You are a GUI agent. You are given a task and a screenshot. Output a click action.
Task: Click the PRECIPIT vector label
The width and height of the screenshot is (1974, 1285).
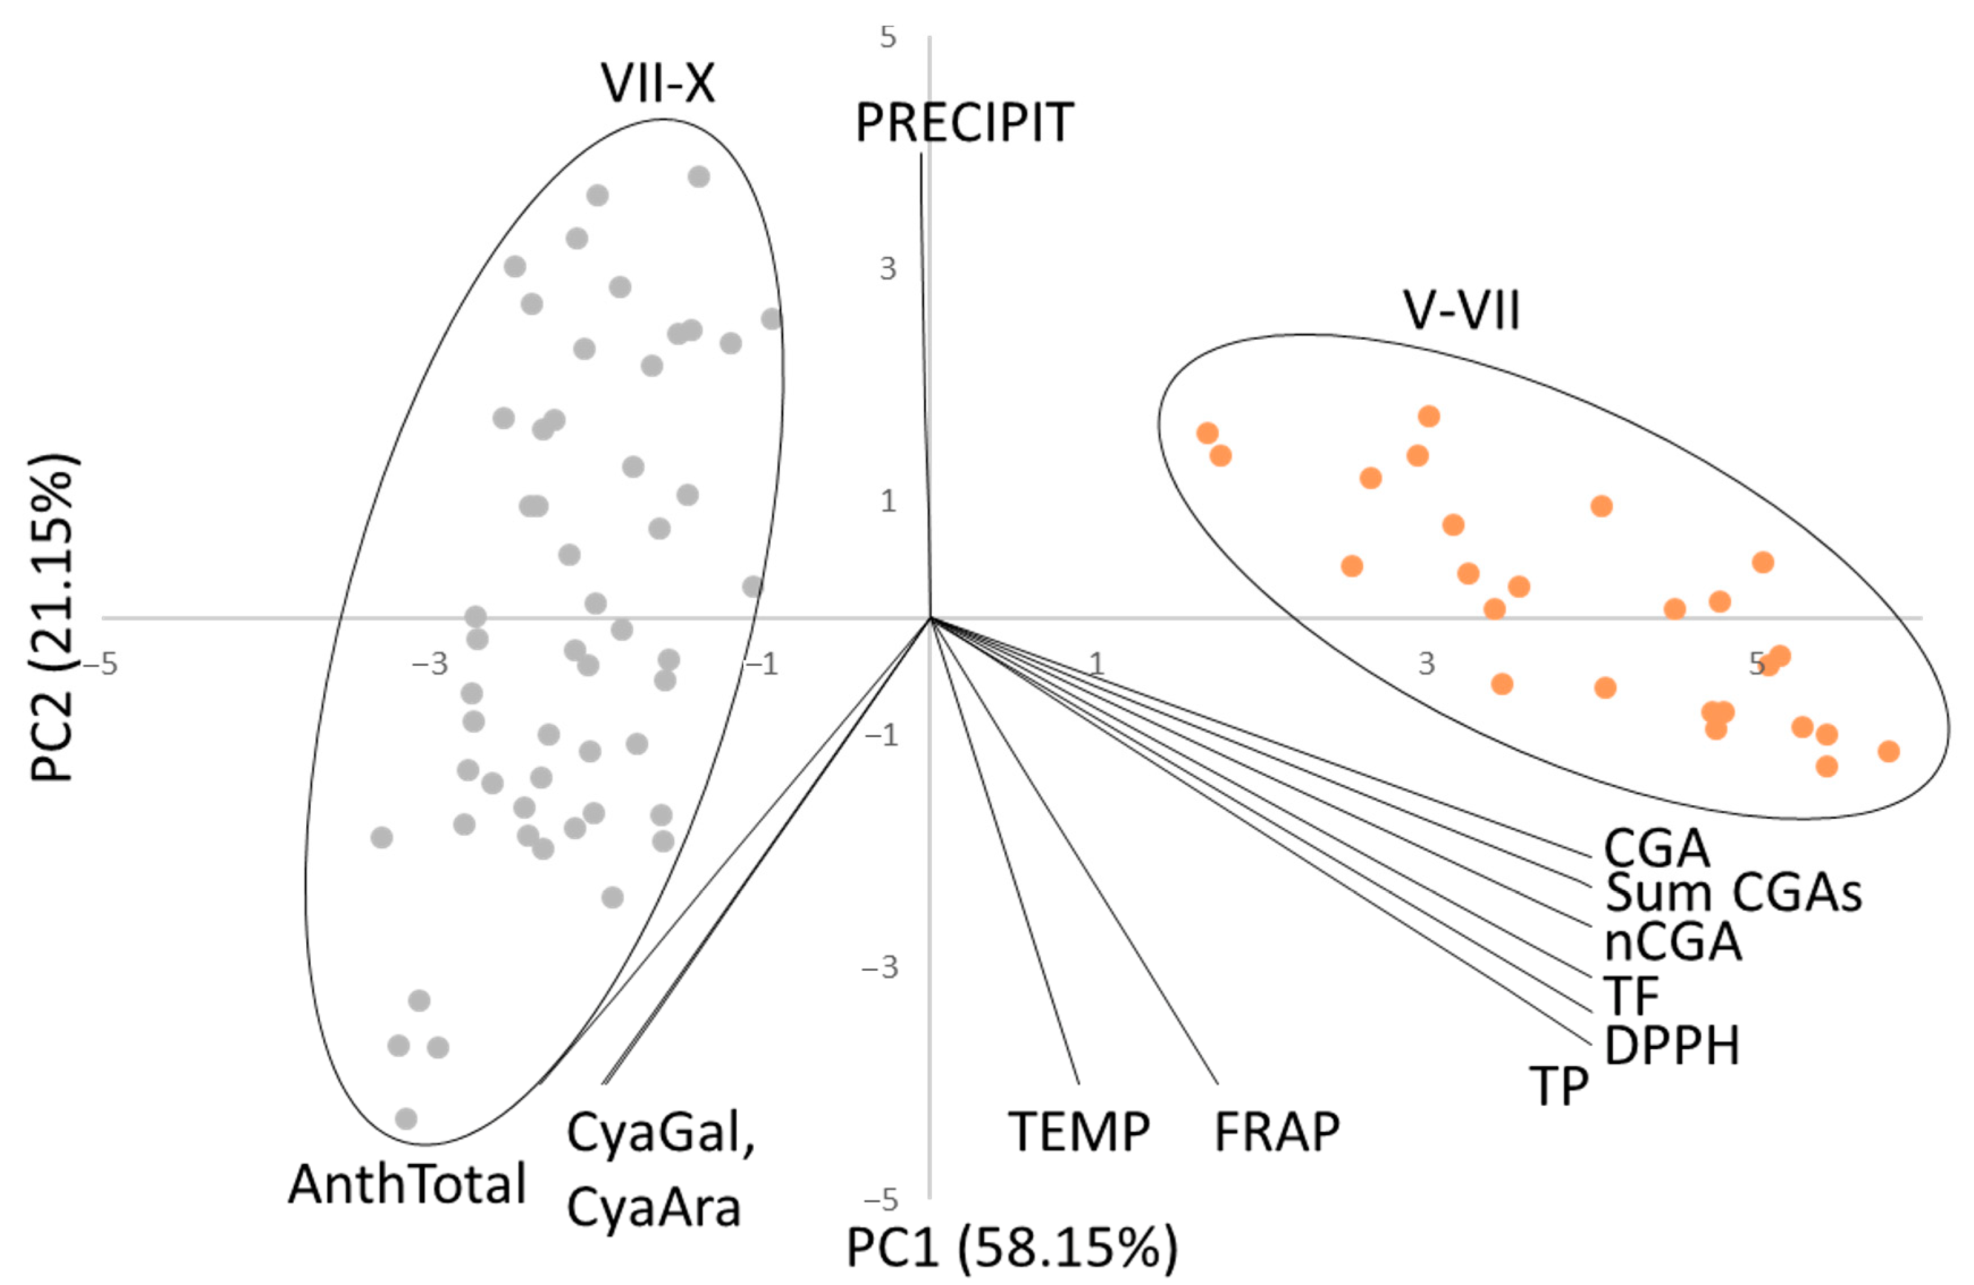tap(964, 124)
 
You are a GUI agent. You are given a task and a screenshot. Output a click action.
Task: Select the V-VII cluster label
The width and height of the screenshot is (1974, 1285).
tap(1461, 312)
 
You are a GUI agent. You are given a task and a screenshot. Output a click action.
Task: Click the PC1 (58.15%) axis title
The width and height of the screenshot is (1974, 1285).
tap(1011, 1247)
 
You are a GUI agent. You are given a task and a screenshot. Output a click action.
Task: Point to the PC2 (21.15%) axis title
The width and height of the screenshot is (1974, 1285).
tap(53, 618)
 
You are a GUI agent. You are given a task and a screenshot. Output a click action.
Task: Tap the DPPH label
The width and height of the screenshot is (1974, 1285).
tap(1671, 1046)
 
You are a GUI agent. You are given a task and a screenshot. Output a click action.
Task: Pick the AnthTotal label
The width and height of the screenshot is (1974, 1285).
tap(407, 1184)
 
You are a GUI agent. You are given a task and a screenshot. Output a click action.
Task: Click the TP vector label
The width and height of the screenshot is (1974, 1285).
tap(1558, 1087)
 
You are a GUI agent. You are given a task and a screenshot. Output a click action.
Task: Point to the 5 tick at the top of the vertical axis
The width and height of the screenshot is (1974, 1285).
tap(888, 37)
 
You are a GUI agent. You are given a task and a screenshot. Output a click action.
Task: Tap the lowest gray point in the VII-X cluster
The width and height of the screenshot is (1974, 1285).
tap(405, 1119)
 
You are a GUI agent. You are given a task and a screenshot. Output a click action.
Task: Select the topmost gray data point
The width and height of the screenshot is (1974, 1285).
tap(699, 176)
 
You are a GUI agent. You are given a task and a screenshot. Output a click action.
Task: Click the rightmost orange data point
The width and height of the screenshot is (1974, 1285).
tap(1888, 751)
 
